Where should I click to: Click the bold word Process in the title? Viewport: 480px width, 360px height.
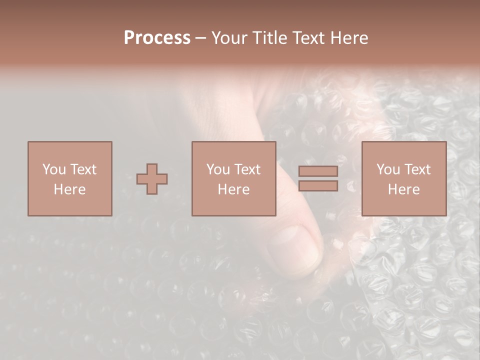click(157, 37)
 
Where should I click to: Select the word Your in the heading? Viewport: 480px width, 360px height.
click(229, 37)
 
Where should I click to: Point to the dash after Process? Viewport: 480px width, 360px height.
click(200, 38)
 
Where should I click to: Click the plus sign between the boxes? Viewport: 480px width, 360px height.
click(152, 179)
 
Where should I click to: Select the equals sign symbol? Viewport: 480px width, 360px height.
click(318, 178)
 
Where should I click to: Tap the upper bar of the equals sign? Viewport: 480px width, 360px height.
click(318, 171)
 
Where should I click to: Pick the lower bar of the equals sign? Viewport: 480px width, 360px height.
click(318, 186)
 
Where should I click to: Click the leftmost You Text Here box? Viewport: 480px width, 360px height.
click(69, 178)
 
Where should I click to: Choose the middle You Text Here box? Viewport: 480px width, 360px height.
click(233, 178)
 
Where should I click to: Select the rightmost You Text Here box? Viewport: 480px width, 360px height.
click(403, 178)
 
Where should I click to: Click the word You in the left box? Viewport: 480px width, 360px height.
click(54, 169)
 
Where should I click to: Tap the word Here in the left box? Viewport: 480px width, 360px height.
click(69, 189)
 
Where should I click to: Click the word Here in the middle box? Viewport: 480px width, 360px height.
click(233, 189)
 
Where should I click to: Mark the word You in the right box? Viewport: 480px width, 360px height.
click(388, 169)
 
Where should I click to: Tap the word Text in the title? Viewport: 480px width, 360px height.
click(306, 37)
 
